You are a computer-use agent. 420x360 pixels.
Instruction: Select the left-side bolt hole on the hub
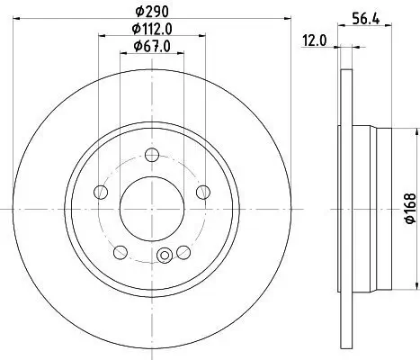[x=100, y=190]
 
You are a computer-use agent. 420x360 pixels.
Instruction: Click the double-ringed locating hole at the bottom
[x=164, y=256]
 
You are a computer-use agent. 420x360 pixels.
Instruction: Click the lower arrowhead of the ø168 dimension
[x=396, y=290]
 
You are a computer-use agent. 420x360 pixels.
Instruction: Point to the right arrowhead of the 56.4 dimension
[x=389, y=29]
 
